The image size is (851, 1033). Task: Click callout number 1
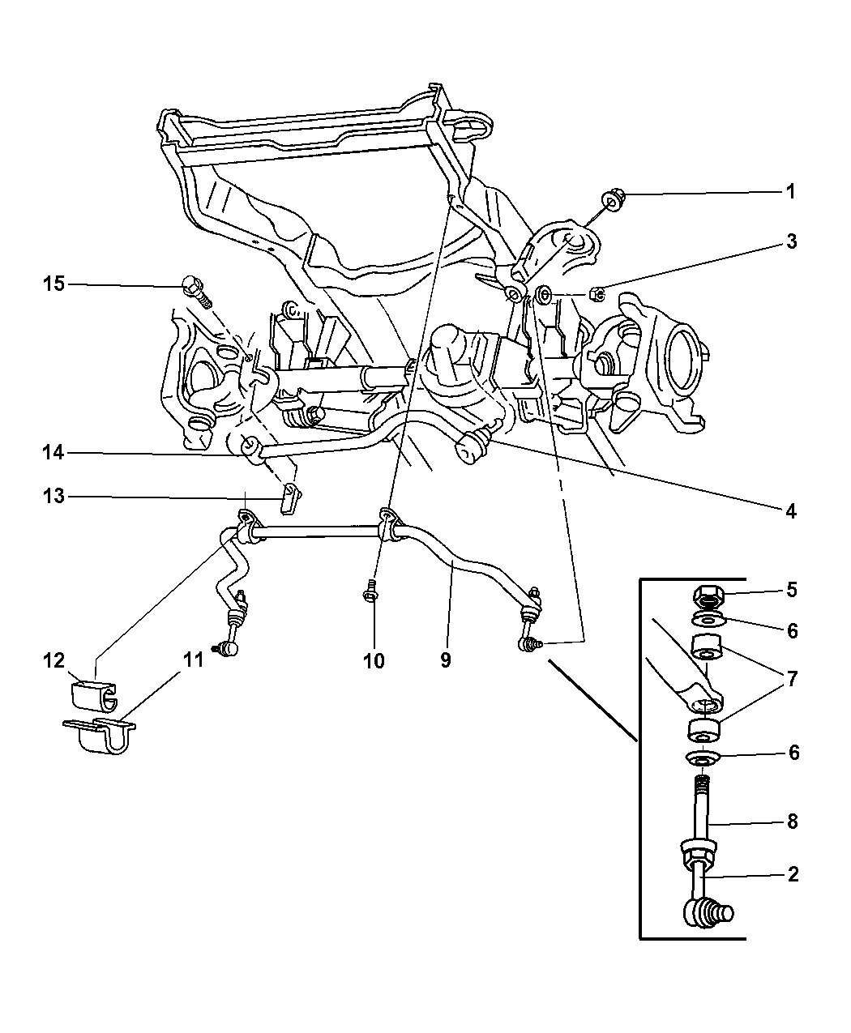[x=790, y=192]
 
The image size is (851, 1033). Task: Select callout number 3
[x=790, y=241]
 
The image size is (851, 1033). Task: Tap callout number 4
[x=790, y=511]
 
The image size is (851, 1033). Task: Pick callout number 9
[x=445, y=660]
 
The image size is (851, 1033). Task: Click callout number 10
[x=374, y=660]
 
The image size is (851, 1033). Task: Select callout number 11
[x=192, y=660]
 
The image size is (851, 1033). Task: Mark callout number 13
[x=53, y=496]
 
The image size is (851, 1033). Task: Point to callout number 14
[x=53, y=455]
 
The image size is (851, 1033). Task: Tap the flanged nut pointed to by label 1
[x=612, y=201]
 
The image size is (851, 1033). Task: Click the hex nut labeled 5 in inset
[x=709, y=599]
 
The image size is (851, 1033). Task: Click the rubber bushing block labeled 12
[x=90, y=694]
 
